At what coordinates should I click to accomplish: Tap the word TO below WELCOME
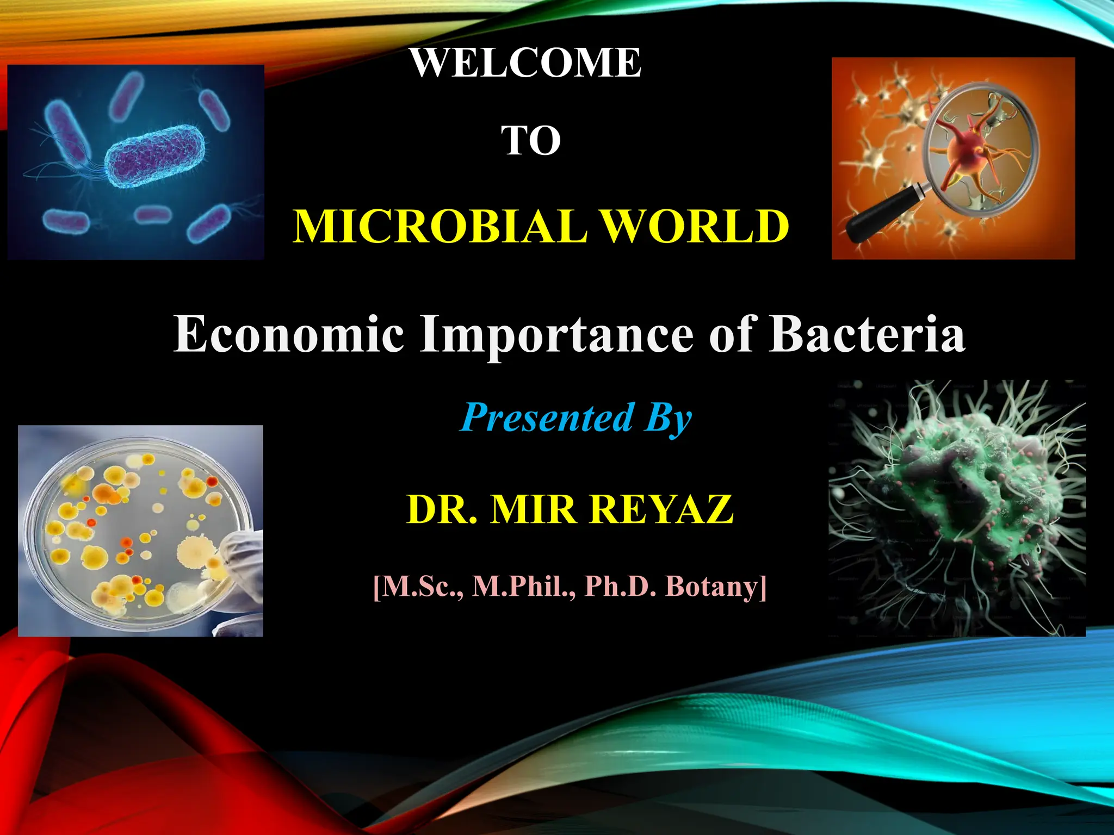click(530, 140)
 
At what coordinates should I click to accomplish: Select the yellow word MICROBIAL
click(440, 226)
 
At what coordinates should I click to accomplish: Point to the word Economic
click(289, 333)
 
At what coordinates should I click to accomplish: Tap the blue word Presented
click(547, 417)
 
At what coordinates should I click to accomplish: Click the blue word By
click(668, 419)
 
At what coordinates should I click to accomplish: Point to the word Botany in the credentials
click(715, 587)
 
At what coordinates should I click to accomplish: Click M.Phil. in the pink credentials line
click(523, 587)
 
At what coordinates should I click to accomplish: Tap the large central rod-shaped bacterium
click(156, 155)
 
